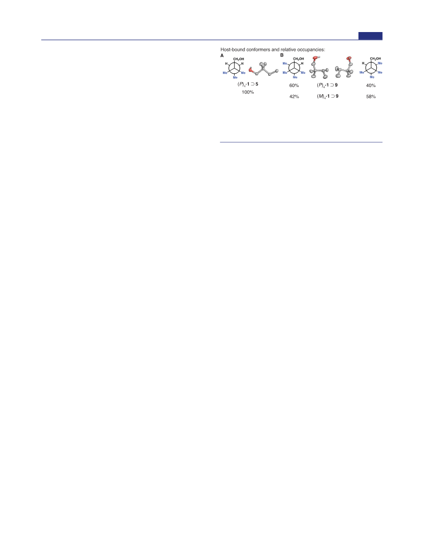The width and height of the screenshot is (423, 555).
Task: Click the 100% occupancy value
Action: click(248, 92)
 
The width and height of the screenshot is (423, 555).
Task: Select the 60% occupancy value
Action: click(294, 85)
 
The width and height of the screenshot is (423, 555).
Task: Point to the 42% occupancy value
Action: click(294, 96)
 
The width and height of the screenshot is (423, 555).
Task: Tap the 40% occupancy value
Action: click(371, 85)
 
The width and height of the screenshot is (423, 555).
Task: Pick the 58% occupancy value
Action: click(371, 96)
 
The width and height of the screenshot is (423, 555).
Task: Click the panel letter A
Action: click(222, 55)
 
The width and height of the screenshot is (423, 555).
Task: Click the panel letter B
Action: click(282, 55)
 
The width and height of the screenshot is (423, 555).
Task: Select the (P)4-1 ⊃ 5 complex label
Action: click(248, 84)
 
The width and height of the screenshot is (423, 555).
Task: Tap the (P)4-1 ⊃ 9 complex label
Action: click(327, 85)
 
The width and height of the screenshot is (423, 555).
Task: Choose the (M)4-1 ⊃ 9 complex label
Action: click(328, 96)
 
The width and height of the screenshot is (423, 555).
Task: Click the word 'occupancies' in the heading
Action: click(311, 50)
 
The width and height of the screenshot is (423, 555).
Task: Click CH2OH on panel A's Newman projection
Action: click(238, 59)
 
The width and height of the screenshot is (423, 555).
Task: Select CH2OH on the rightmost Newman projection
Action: click(375, 59)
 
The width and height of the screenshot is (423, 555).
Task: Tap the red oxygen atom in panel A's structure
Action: click(250, 70)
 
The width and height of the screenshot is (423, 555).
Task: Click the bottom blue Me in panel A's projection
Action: click(235, 77)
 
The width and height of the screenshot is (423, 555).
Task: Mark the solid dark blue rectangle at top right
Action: click(370, 36)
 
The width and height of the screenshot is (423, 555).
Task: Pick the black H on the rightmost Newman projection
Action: click(363, 64)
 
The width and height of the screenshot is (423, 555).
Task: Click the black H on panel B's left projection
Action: click(302, 64)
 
